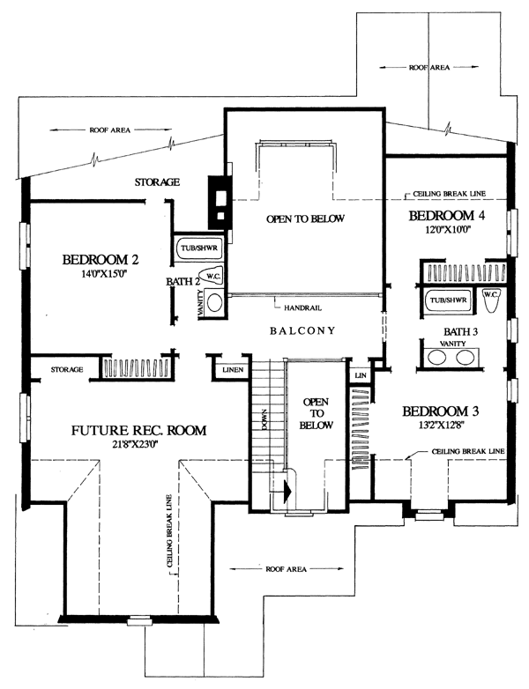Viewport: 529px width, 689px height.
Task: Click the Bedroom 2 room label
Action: tap(101, 260)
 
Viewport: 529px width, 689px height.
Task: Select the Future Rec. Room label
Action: tap(138, 430)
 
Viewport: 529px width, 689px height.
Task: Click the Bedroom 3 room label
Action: tap(441, 411)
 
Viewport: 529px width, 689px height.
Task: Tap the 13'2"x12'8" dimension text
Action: tap(439, 426)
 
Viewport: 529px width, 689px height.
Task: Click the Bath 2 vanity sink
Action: tap(214, 303)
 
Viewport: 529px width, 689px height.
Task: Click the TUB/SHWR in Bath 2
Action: tap(199, 248)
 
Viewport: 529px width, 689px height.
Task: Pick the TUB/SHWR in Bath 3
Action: tap(448, 300)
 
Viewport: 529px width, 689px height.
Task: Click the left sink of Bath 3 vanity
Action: tap(437, 357)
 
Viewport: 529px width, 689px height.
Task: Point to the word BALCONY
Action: tap(302, 330)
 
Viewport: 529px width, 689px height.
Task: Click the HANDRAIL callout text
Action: tap(302, 308)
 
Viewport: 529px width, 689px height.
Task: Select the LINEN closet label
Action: tap(233, 370)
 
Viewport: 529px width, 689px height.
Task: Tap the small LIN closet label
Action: tap(361, 375)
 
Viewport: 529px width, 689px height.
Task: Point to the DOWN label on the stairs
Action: tap(264, 419)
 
